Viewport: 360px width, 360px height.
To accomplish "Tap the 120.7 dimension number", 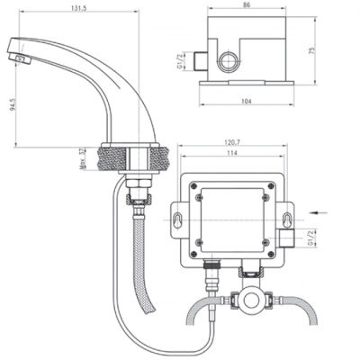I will click(x=235, y=144).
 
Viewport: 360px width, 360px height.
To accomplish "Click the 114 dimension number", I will click(x=233, y=156).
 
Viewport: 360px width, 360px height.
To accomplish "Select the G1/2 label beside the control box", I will click(x=310, y=238).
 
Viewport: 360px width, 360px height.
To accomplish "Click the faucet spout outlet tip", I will click(x=20, y=57).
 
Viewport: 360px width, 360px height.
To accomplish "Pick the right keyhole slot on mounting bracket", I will click(x=286, y=220).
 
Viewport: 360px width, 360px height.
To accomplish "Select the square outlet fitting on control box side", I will click(x=286, y=238).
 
